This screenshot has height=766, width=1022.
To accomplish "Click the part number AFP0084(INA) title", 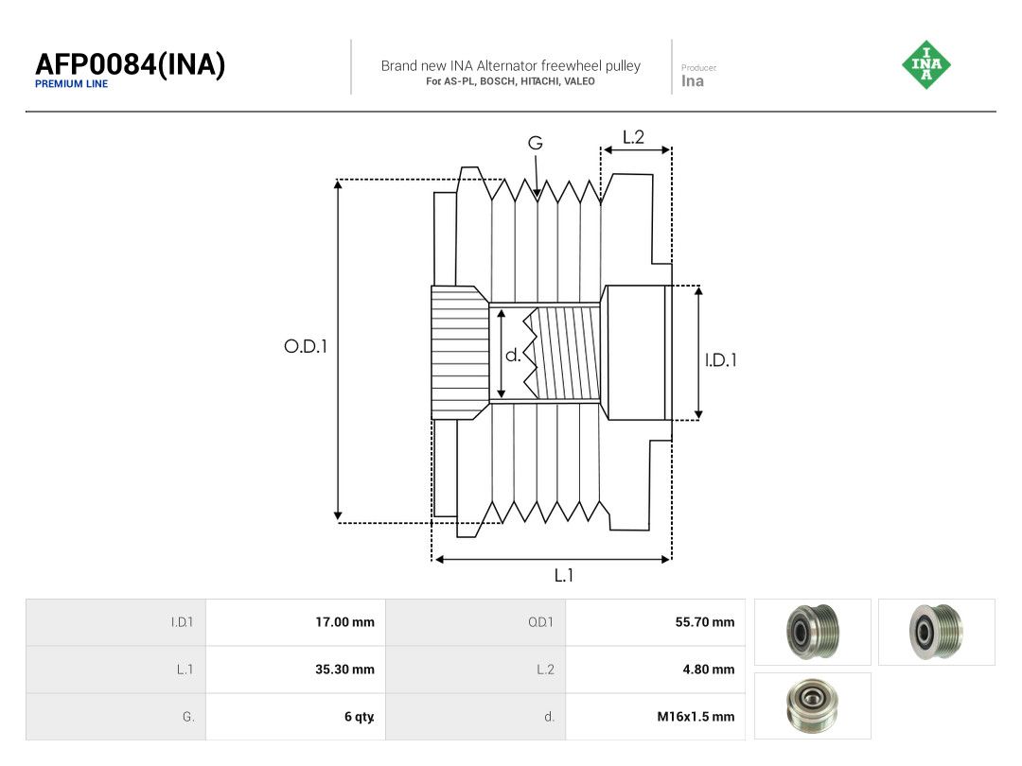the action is [131, 64].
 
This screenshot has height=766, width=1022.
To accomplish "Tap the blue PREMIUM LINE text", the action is [71, 84].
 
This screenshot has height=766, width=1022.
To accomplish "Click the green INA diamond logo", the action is [926, 64].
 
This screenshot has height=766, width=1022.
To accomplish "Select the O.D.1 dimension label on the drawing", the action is [305, 346].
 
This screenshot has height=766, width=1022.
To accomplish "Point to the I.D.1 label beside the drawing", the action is [721, 359].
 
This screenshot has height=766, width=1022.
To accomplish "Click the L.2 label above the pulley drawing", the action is [633, 137].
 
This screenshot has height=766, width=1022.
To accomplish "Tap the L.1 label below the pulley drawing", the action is [564, 575].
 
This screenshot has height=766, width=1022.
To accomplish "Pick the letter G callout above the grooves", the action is [535, 143].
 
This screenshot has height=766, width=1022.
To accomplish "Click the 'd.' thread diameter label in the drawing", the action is [513, 355].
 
